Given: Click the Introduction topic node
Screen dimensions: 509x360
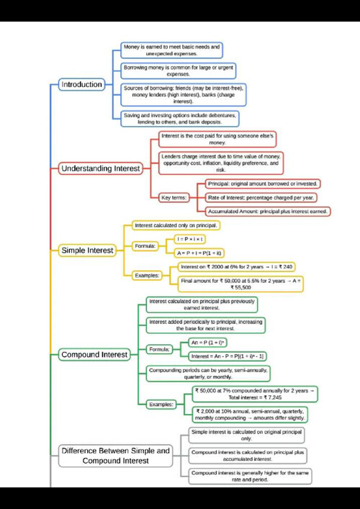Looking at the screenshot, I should (81, 84).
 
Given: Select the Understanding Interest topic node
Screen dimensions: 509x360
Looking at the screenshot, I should (100, 168).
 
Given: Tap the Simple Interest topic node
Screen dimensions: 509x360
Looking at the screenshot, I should (87, 251).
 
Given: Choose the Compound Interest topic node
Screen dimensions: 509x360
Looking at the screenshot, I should (94, 354).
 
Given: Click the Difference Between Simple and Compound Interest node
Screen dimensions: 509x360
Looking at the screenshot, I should (116, 455).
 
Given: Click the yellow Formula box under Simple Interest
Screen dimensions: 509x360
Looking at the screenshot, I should (145, 246).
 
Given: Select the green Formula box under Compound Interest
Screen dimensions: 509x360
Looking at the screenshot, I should (158, 349).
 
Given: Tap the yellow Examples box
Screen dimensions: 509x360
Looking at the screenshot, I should (148, 274).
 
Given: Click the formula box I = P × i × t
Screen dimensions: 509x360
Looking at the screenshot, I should (190, 238).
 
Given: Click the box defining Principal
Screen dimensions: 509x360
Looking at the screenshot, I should (261, 184).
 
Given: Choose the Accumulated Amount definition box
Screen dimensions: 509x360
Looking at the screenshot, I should (268, 212).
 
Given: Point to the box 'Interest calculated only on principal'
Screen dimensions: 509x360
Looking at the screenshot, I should (176, 225).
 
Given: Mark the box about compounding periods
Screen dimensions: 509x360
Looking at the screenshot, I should (205, 373).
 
